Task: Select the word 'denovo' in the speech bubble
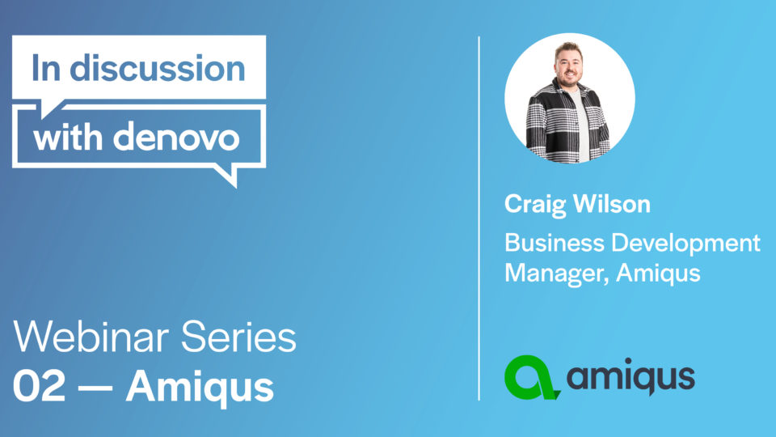point(177,136)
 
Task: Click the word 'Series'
point(238,337)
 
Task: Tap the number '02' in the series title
point(39,387)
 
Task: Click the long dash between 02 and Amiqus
point(95,388)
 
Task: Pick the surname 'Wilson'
point(612,204)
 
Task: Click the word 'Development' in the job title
point(686,244)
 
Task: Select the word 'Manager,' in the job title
point(557,274)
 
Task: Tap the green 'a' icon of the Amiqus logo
point(532,378)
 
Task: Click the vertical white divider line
point(479,218)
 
